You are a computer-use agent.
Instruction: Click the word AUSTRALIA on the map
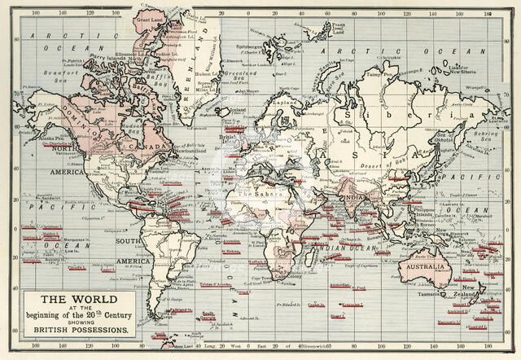coord(422,268)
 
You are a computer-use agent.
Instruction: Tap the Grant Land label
coord(150,17)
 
